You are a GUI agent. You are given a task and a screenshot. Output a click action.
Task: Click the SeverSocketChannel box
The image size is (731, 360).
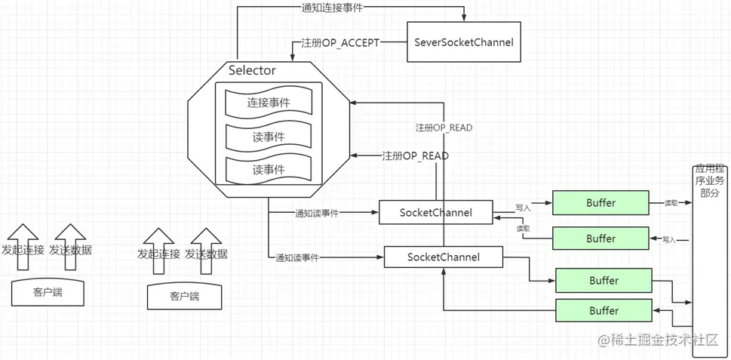[x=464, y=42]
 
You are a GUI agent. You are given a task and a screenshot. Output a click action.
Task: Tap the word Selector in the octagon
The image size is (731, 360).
[x=252, y=71]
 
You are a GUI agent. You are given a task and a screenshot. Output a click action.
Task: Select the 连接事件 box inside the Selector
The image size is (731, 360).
[x=269, y=102]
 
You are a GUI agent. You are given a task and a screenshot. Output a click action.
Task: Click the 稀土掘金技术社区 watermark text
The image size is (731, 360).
[x=664, y=340]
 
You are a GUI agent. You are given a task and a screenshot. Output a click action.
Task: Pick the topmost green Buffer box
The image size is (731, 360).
[x=600, y=203]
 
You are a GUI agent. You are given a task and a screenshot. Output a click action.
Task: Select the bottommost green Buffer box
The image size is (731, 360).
[x=604, y=310]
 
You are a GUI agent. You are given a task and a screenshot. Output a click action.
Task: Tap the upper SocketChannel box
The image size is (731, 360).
[x=435, y=213]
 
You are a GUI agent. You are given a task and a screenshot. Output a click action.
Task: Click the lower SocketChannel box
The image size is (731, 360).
[x=443, y=257]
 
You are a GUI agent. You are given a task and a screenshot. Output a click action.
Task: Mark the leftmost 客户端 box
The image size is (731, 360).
[x=48, y=292]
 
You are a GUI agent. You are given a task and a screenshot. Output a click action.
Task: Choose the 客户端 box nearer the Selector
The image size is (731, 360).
[x=184, y=296]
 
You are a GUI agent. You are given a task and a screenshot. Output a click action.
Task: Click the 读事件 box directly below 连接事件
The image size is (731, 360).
[x=269, y=137]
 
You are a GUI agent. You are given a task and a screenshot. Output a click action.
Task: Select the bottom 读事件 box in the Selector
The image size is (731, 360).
[x=269, y=169]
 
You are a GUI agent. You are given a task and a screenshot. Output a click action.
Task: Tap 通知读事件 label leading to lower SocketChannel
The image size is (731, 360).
[x=296, y=258]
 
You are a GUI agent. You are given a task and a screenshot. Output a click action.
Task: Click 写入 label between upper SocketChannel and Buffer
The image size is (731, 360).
[x=523, y=206]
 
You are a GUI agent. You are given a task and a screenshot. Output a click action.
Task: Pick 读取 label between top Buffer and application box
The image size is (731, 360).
[x=671, y=203]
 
